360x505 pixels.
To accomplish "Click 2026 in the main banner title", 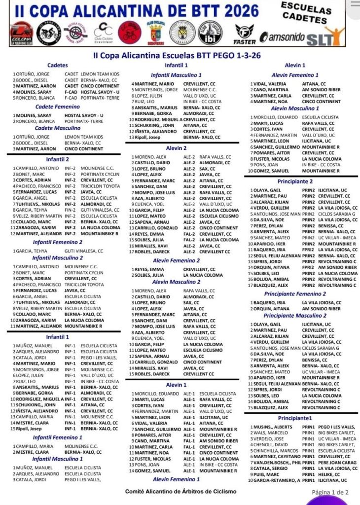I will pos(236,10).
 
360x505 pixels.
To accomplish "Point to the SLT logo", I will pos(326,36).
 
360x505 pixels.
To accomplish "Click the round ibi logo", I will pos(210,33).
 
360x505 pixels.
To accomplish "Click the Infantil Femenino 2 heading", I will pos(58,242).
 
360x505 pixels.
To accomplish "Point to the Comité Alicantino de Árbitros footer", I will pos(180,491).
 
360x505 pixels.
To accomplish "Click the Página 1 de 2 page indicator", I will pos(330,492).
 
